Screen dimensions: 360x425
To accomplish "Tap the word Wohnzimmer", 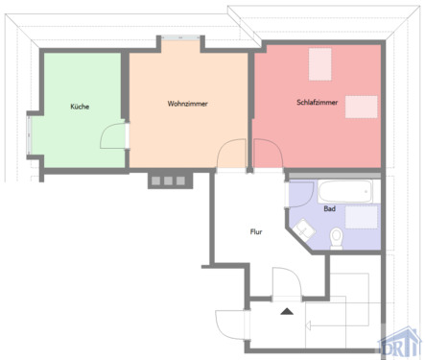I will pyautogui.click(x=188, y=104).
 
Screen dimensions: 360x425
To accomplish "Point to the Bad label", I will pyautogui.click(x=329, y=208).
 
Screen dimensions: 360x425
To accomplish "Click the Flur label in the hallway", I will pyautogui.click(x=256, y=230).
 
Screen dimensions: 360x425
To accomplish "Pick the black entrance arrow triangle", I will pyautogui.click(x=286, y=311).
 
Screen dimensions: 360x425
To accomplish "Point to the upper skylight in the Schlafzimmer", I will pyautogui.click(x=319, y=64).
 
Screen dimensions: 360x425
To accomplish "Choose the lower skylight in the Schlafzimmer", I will pyautogui.click(x=361, y=106).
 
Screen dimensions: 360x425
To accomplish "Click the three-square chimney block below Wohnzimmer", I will pyautogui.click(x=165, y=180).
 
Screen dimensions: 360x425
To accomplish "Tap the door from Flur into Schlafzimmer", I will pyautogui.click(x=266, y=154).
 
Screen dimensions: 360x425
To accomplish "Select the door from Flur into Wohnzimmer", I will pyautogui.click(x=232, y=154).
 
